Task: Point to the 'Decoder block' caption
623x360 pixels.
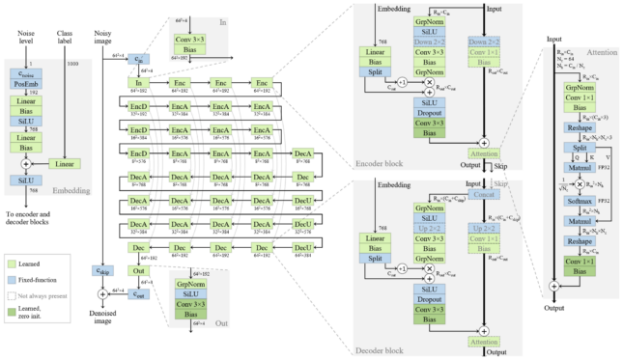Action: (380, 344)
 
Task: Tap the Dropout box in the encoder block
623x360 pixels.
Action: (430, 111)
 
